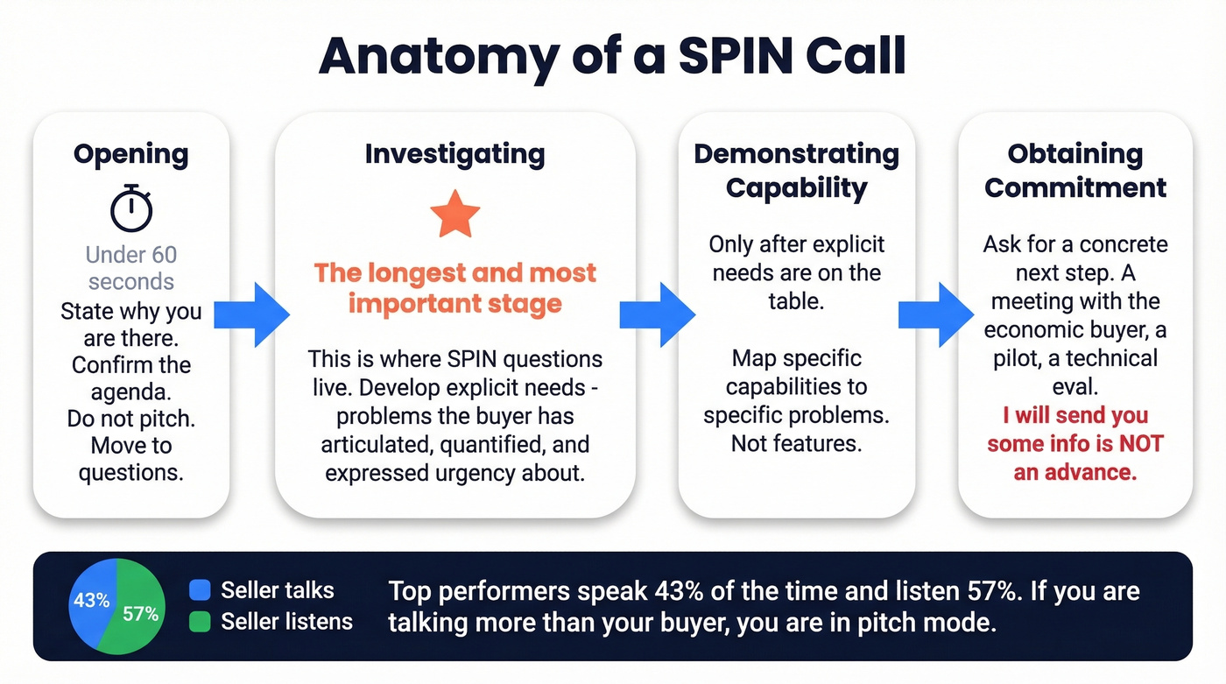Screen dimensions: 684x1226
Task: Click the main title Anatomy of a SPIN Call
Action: pos(612,56)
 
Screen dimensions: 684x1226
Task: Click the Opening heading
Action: pos(130,154)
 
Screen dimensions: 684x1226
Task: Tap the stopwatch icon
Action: pos(131,208)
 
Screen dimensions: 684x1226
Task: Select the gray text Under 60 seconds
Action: pos(131,268)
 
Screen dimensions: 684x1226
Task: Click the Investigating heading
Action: pos(454,154)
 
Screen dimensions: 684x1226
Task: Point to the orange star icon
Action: pos(454,216)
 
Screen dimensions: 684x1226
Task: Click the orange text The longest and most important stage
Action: pos(454,288)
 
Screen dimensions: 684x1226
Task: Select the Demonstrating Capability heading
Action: pos(796,171)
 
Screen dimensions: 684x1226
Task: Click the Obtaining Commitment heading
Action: pos(1075,171)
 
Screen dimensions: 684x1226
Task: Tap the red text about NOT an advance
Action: pos(1075,443)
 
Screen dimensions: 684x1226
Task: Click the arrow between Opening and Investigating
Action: pos(252,314)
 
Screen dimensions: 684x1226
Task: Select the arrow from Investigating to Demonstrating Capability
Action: pos(657,314)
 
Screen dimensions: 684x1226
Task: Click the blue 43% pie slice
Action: pos(89,601)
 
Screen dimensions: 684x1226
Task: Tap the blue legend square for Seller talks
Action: pos(200,590)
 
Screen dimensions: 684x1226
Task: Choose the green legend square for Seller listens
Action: pos(200,622)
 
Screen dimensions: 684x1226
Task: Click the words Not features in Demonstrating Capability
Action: pos(796,443)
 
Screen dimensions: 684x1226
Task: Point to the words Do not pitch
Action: pos(130,419)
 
